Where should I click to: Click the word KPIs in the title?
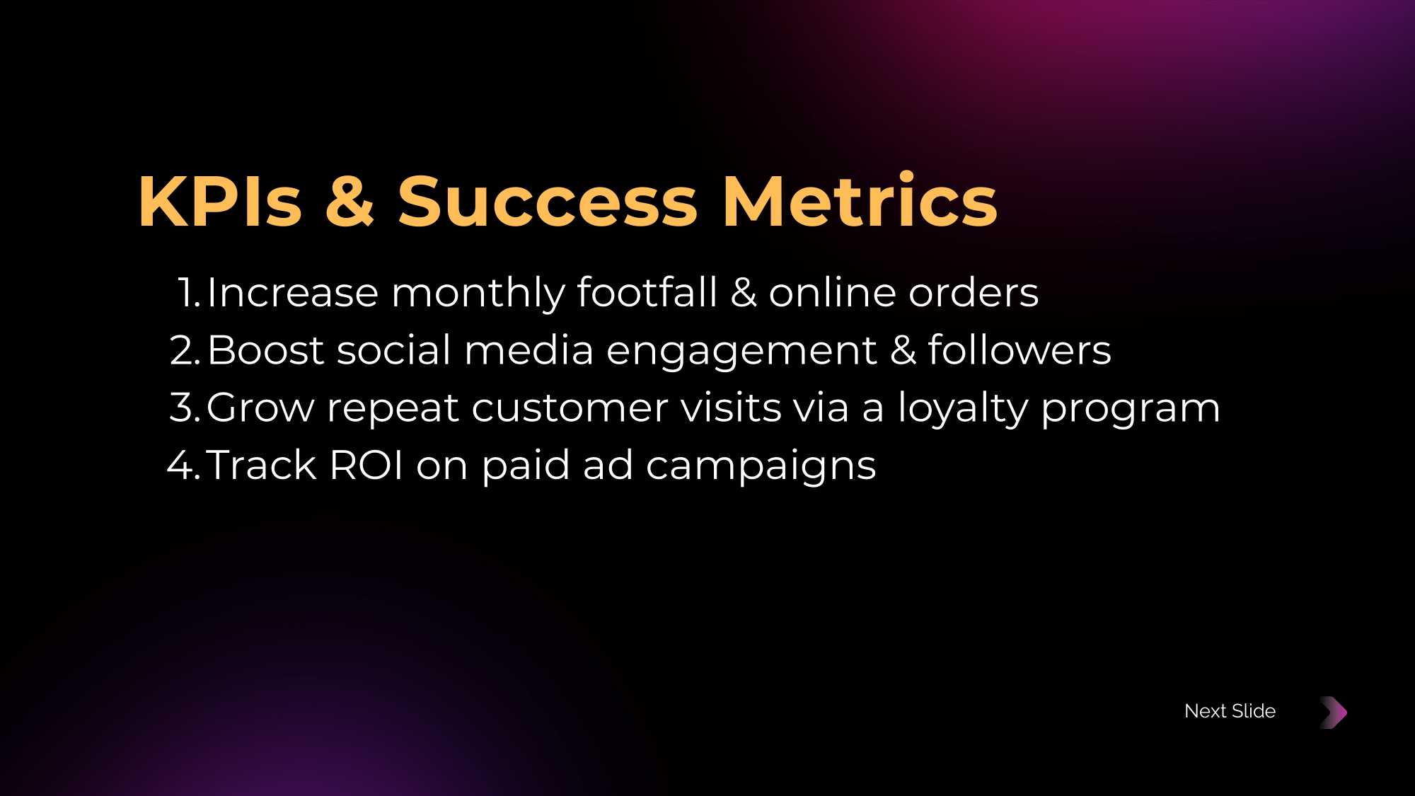(x=221, y=202)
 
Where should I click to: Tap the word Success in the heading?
(x=548, y=202)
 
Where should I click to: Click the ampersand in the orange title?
(x=350, y=202)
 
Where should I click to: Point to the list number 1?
(x=189, y=293)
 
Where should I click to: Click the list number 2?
(x=185, y=351)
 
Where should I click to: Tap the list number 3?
(x=185, y=408)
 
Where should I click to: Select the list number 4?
(x=184, y=466)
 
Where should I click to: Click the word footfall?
(x=647, y=292)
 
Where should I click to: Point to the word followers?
(x=1020, y=350)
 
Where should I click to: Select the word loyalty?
(x=963, y=409)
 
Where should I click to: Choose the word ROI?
(x=366, y=466)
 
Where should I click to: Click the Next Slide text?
(x=1230, y=711)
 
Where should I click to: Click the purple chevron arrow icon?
(x=1334, y=713)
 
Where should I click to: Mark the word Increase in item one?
(x=293, y=293)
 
